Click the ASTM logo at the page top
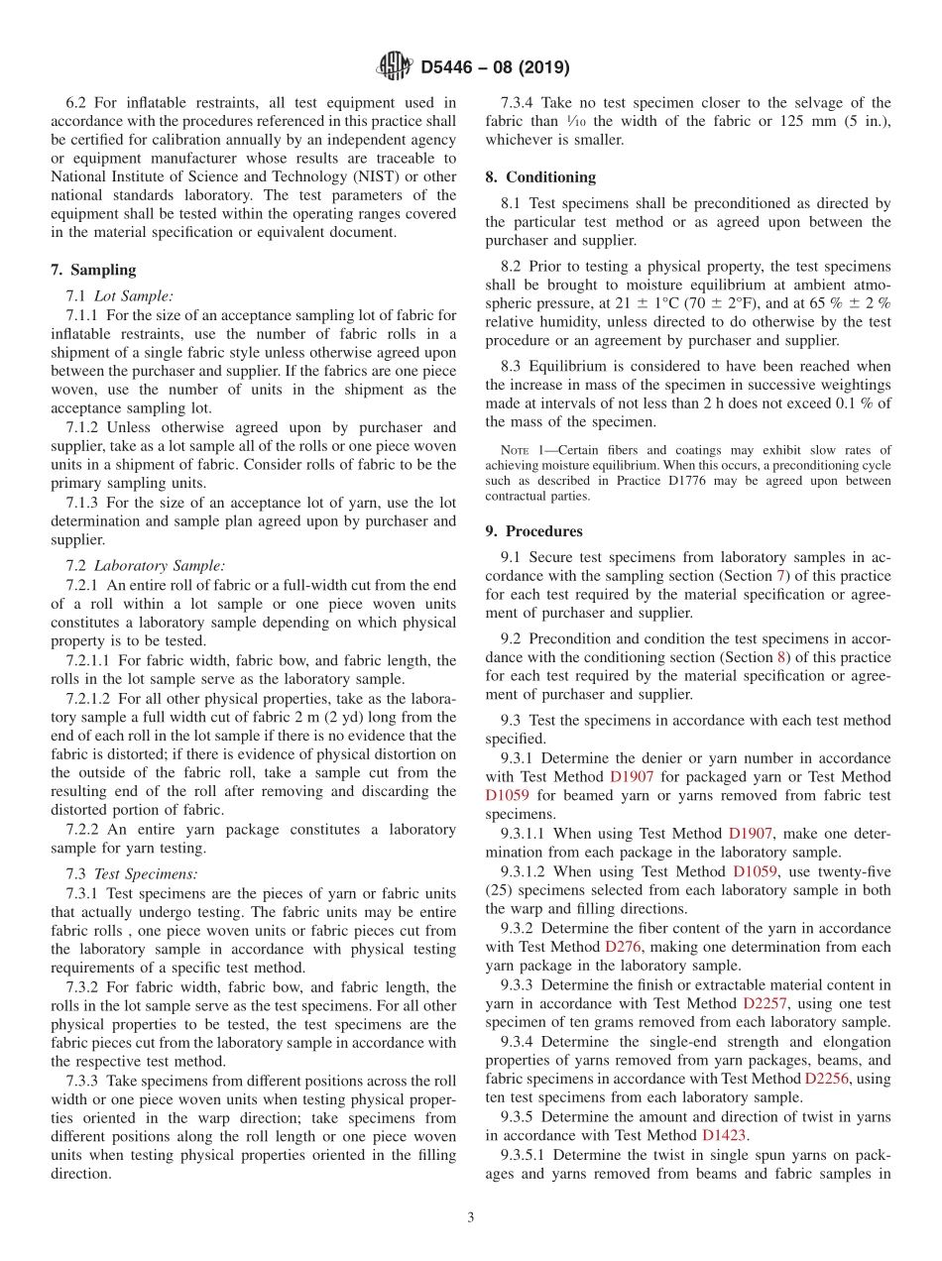tap(393, 67)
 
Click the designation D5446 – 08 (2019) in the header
tap(495, 68)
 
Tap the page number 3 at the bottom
tap(471, 1217)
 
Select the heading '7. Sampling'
tap(93, 270)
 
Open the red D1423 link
tap(724, 1135)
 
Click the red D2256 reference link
tap(828, 1078)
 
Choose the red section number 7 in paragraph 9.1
tap(781, 576)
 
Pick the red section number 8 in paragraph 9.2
tap(782, 657)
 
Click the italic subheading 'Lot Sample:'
tap(133, 295)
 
